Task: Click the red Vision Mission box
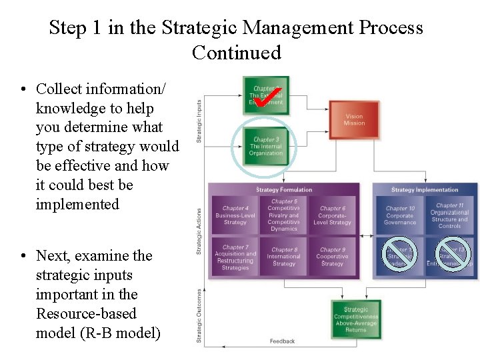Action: coord(354,120)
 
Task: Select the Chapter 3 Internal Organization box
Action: coord(266,146)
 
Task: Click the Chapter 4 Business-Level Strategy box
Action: coord(235,215)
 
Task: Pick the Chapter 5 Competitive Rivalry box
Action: coord(284,215)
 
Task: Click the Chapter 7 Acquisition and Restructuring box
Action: coord(235,257)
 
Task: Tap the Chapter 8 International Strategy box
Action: coord(284,257)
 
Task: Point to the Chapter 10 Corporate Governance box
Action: coord(400,215)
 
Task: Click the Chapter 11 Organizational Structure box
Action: coord(450,215)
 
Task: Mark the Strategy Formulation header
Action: coord(284,190)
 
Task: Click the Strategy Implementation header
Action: coord(425,190)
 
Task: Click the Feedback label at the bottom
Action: coord(282,341)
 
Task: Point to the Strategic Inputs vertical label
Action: coord(199,121)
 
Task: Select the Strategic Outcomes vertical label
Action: coord(199,316)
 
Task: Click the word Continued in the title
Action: coord(236,52)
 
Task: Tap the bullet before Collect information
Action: coord(23,89)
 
